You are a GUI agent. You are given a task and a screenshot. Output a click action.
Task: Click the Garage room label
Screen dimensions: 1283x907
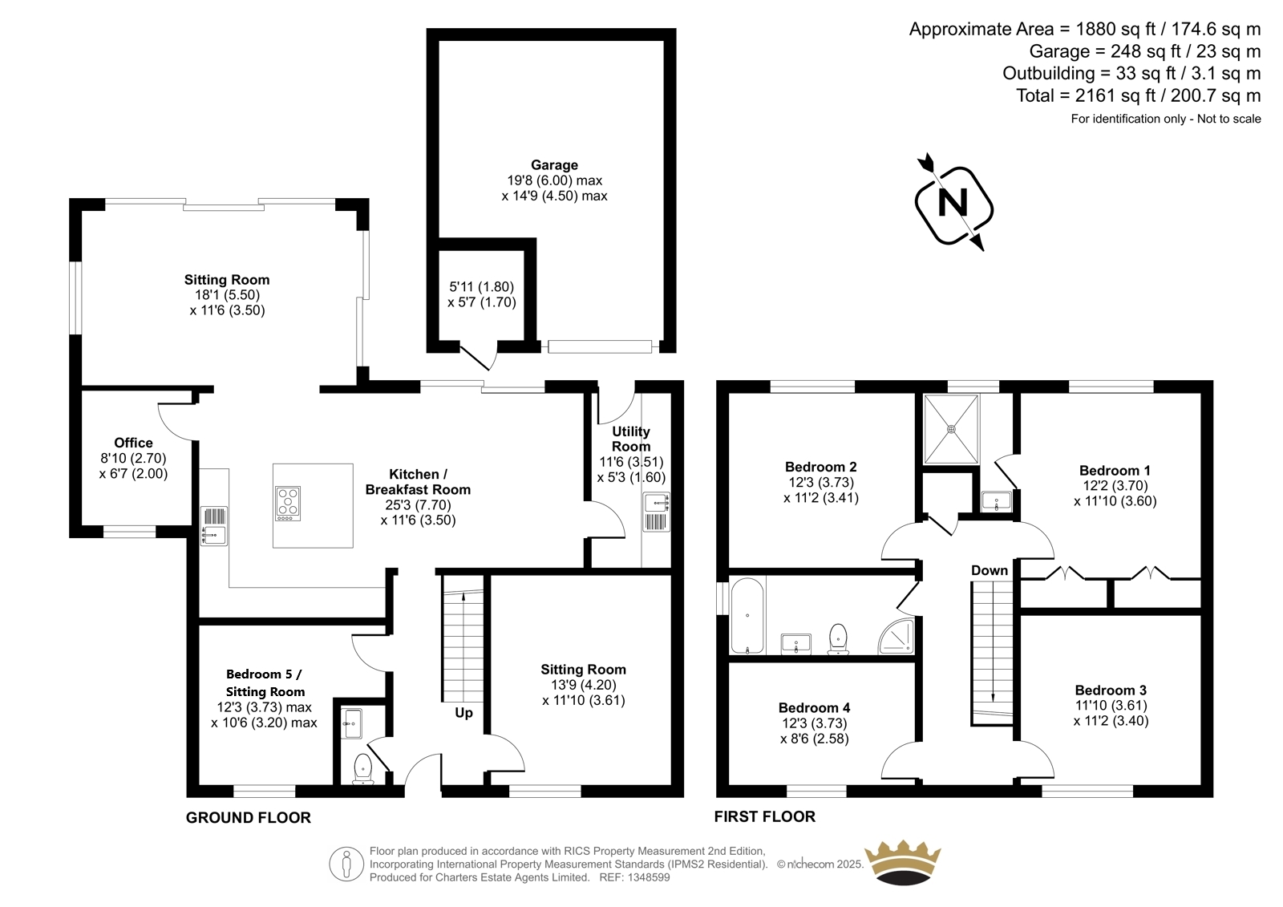[x=554, y=165]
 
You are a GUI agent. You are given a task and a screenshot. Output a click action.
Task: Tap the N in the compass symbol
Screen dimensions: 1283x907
[x=953, y=203]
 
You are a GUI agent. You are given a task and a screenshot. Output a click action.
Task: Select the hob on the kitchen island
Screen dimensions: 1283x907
[x=288, y=504]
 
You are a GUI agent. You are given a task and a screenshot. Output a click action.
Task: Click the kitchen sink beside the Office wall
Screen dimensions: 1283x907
[x=213, y=525]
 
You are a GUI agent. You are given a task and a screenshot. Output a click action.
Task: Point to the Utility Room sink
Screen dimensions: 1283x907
[x=657, y=512]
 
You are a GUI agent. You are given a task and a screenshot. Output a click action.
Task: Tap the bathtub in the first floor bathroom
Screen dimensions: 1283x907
[x=747, y=616]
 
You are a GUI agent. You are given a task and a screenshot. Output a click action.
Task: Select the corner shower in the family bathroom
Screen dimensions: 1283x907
[x=896, y=636]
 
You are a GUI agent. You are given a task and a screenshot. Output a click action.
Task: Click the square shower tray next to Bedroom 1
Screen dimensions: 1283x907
[x=951, y=429]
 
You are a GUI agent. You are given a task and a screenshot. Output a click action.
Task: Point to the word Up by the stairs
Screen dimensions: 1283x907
[x=463, y=713]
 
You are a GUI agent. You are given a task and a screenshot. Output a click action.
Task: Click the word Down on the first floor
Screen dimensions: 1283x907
[x=990, y=571]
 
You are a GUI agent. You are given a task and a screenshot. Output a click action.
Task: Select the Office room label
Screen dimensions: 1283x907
[x=133, y=443]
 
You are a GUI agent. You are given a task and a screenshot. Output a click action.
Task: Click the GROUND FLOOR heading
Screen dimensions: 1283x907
[x=248, y=818]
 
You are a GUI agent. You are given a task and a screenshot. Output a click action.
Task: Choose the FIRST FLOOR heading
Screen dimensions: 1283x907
[x=765, y=816]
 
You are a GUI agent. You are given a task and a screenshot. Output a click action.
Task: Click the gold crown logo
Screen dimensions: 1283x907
[x=903, y=863]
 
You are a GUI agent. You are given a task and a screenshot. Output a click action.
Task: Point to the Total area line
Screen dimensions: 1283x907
[x=1138, y=95]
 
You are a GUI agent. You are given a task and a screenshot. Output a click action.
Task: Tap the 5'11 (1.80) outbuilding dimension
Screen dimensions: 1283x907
[x=481, y=286]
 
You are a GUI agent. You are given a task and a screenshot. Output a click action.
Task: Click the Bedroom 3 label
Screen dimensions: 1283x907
[x=1111, y=690]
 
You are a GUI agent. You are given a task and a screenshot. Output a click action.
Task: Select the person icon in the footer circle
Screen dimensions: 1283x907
[x=346, y=864]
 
